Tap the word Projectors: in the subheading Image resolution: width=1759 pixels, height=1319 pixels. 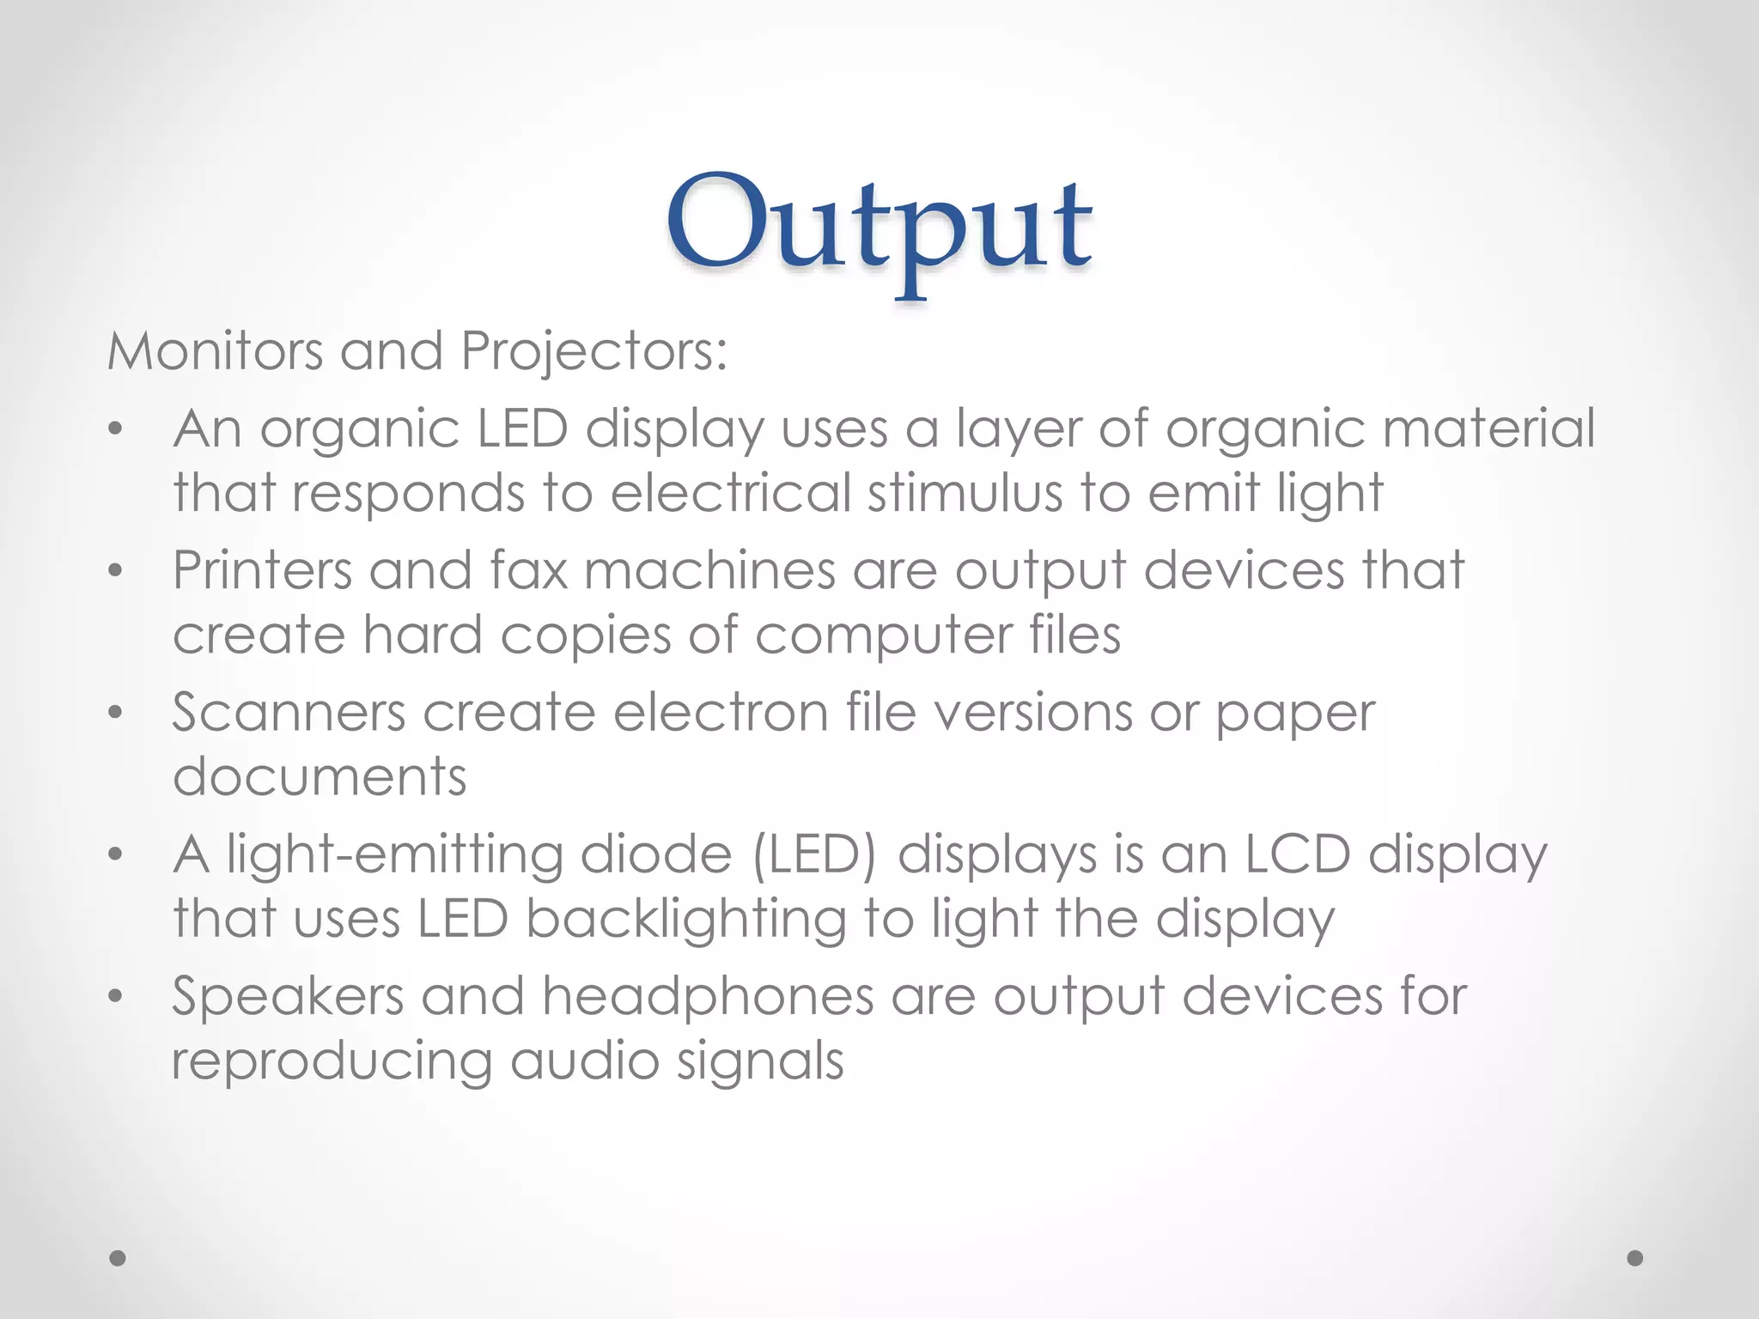[594, 353]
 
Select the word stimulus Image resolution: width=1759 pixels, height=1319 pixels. [965, 493]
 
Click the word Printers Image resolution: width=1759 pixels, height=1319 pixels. [262, 570]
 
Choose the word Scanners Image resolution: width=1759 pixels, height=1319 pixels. [289, 713]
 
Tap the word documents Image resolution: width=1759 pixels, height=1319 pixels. [320, 776]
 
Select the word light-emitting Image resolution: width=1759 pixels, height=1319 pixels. [394, 855]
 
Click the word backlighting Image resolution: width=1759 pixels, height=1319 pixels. [686, 920]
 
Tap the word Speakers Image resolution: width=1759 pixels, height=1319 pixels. [288, 997]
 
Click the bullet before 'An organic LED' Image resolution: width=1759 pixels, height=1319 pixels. [116, 429]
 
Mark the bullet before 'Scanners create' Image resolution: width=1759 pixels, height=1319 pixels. [116, 713]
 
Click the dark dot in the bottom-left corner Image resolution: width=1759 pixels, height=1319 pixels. [119, 1258]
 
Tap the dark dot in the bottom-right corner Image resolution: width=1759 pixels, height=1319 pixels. [1635, 1258]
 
